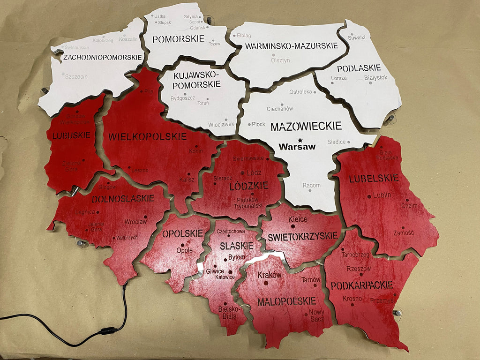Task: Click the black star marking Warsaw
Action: pos(300,139)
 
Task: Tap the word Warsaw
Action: pos(297,147)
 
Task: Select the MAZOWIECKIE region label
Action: pos(306,126)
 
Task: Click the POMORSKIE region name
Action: pos(172,38)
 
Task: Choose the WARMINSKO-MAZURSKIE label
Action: pos(291,46)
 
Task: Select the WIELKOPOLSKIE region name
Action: pos(148,137)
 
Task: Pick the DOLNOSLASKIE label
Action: pos(123,198)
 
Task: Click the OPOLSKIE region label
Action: pos(182,233)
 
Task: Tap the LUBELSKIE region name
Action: pos(374,178)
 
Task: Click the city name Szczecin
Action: pos(76,76)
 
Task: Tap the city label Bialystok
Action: pos(375,77)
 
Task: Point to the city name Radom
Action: pos(311,186)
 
